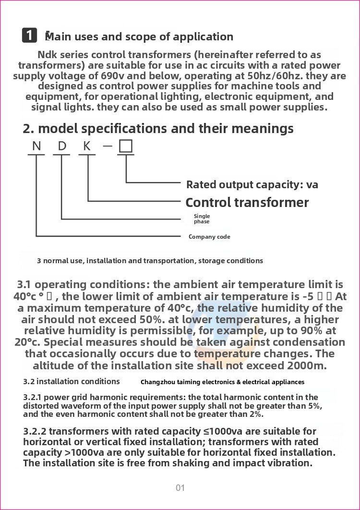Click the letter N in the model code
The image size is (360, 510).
[x=36, y=146]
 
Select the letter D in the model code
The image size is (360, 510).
[x=62, y=146]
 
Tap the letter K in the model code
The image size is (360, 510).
[x=87, y=146]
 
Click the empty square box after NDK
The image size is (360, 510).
[x=126, y=146]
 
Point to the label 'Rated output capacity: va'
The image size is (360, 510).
[x=252, y=184]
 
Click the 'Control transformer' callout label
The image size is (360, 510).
[x=247, y=203]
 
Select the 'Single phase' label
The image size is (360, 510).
[x=202, y=219]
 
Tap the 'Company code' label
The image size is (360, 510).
[x=209, y=237]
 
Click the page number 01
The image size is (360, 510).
[x=180, y=488]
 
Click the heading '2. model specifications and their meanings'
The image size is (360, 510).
[x=158, y=129]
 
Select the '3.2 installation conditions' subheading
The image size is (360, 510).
[x=72, y=381]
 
